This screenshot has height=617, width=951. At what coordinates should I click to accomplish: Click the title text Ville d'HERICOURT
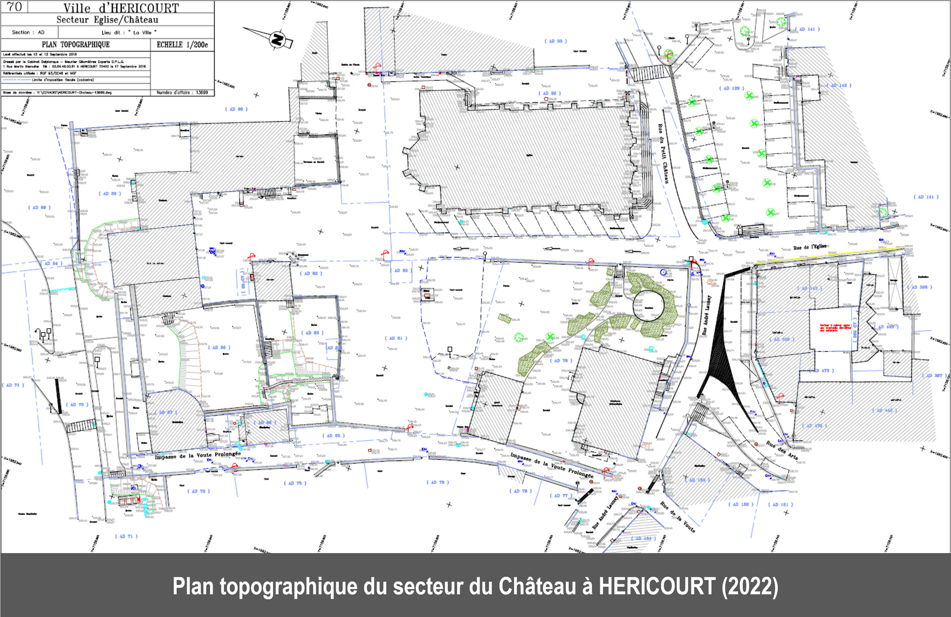tap(121, 8)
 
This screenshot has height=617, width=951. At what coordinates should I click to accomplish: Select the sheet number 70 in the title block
tap(14, 6)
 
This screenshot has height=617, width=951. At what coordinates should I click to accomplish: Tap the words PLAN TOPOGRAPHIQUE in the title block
tap(76, 45)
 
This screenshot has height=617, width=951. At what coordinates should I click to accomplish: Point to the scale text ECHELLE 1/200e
tap(182, 45)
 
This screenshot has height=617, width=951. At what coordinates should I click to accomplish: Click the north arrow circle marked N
tap(278, 39)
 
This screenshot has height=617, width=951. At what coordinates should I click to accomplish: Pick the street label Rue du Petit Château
tap(663, 154)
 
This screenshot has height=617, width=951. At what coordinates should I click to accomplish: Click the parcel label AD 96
tap(236, 109)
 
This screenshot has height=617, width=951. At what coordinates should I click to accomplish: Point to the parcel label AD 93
tap(556, 41)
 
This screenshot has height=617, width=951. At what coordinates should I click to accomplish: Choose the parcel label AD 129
tap(732, 88)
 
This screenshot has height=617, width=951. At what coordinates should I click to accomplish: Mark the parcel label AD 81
tap(396, 338)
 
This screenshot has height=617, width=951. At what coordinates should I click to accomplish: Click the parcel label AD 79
tap(561, 360)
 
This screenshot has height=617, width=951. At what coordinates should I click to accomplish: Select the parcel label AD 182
tap(740, 504)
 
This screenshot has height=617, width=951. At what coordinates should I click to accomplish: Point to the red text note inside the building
tap(835, 328)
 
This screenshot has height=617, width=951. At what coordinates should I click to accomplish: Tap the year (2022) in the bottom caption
tap(749, 586)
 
